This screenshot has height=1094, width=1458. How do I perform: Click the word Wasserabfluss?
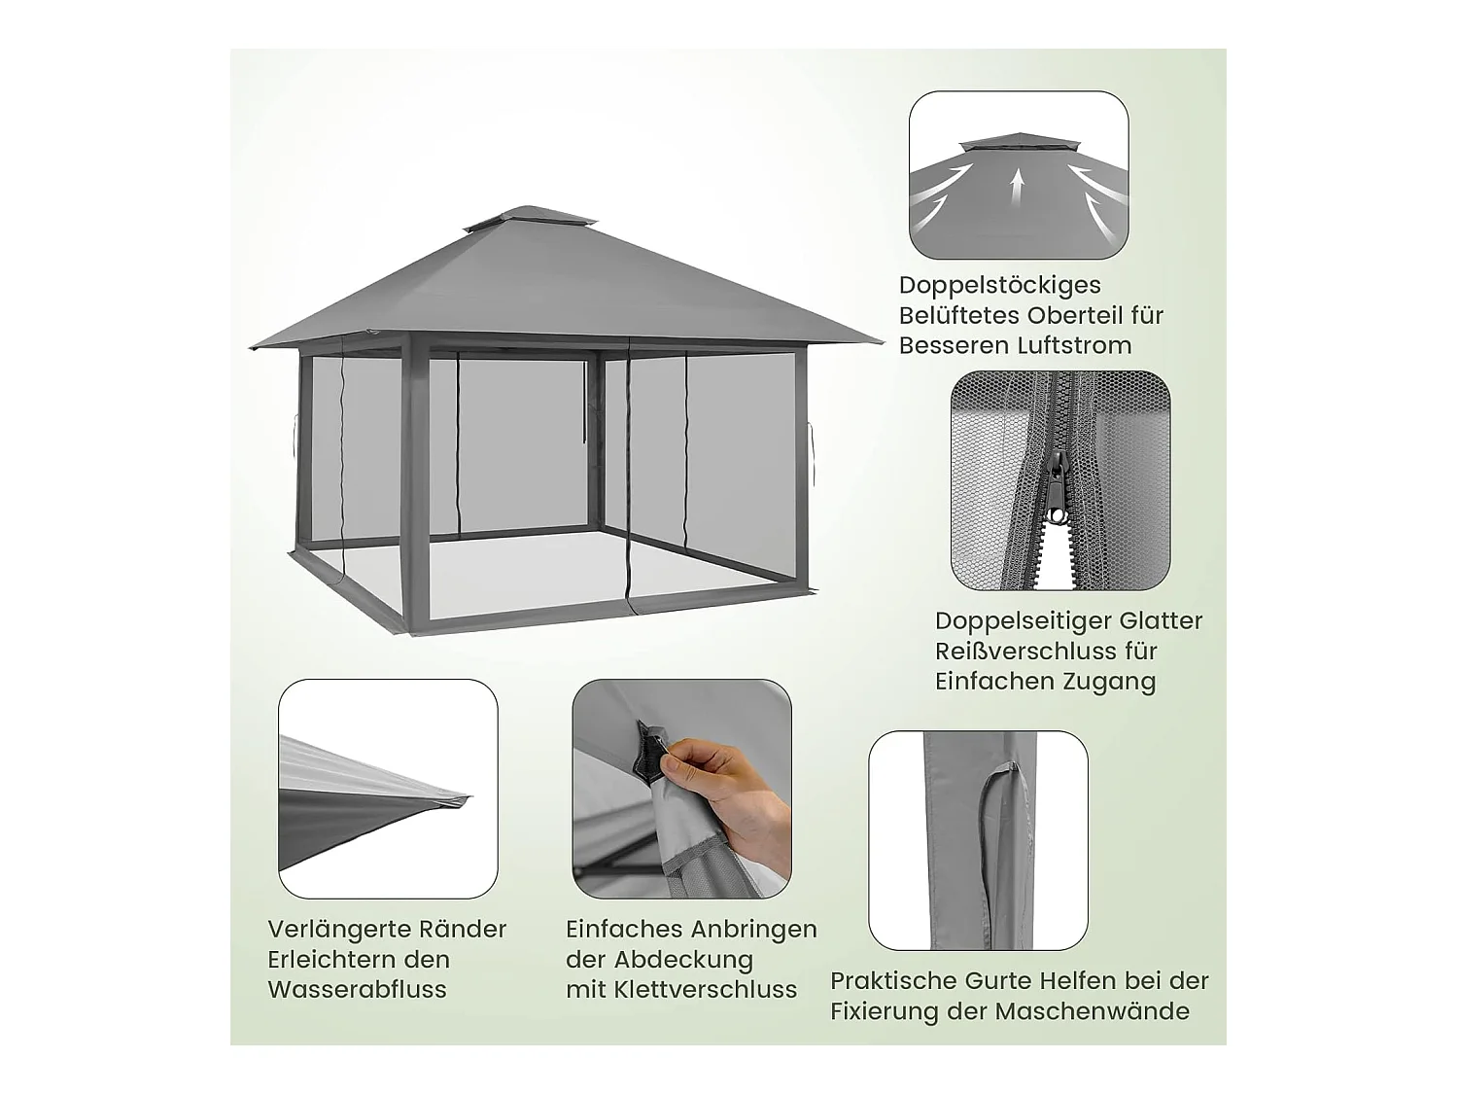pyautogui.click(x=357, y=989)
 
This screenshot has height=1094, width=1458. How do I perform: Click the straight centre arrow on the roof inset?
pyautogui.click(x=1018, y=186)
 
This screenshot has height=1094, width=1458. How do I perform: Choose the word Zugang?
pyautogui.click(x=1107, y=681)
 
